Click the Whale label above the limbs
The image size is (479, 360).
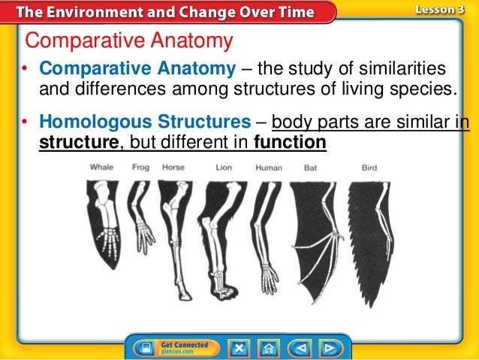[101, 167]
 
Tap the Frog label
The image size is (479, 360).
[140, 167]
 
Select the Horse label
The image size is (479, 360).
[173, 167]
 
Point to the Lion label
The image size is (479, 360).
[223, 167]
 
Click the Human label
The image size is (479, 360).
[268, 167]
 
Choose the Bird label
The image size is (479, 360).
[369, 167]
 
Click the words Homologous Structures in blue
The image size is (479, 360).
[144, 122]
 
